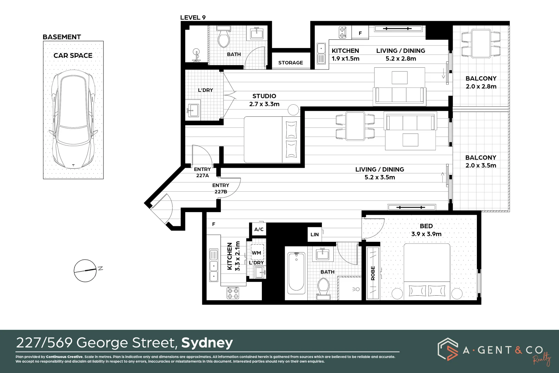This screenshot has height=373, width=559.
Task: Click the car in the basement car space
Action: click(x=73, y=119)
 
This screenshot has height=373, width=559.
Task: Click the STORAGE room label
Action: click(x=291, y=63)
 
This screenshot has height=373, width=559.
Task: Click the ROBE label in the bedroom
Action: click(x=373, y=273)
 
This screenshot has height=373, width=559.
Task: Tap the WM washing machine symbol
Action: click(x=257, y=252)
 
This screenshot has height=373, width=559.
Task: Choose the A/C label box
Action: click(x=259, y=229)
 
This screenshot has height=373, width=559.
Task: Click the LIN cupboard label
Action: click(x=315, y=235)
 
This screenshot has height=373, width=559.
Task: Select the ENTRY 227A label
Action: click(x=203, y=172)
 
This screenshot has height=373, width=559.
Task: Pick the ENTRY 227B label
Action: click(x=220, y=188)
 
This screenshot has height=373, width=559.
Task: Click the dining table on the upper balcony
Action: click(x=481, y=44)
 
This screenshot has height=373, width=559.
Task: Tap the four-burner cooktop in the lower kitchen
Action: click(x=233, y=293)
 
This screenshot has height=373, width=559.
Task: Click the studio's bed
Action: click(x=272, y=140)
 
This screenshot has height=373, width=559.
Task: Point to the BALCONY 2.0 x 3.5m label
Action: click(x=481, y=161)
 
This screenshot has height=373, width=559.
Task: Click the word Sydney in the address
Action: click(x=207, y=343)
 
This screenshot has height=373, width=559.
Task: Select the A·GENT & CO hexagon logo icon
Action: click(x=448, y=349)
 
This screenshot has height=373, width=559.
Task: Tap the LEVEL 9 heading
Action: click(x=193, y=18)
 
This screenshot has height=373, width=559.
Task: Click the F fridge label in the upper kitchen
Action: click(x=360, y=33)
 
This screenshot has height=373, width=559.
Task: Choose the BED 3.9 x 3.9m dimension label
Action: click(x=426, y=230)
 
